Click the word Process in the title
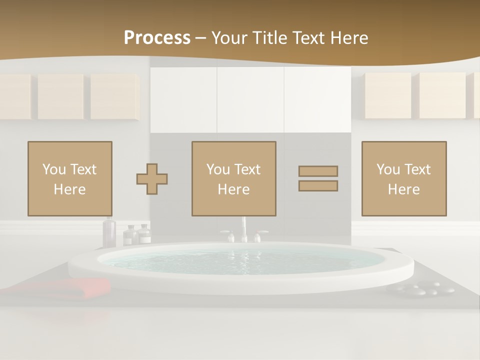[x=157, y=38]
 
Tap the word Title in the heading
[x=272, y=38]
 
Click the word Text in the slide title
[x=308, y=38]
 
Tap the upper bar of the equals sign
[x=318, y=171]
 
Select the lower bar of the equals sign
[x=318, y=185]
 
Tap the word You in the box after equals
[x=387, y=169]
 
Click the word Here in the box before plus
[x=69, y=189]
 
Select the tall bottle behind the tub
[x=108, y=232]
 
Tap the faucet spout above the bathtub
[x=244, y=227]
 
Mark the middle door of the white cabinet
[x=250, y=100]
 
